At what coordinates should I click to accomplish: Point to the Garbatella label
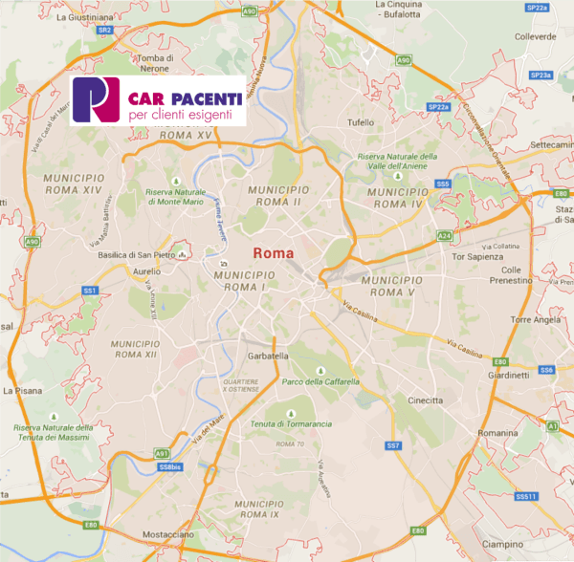pos(268,356)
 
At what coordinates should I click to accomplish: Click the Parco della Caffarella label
pos(320,381)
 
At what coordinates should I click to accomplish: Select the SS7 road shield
pos(392,446)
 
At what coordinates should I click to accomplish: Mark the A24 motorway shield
pos(444,235)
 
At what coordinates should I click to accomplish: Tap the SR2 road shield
pos(105,31)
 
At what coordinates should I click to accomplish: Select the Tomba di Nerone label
pos(155,63)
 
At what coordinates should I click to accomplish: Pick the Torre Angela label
pos(533,320)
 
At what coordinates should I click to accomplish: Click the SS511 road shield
pos(526,497)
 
